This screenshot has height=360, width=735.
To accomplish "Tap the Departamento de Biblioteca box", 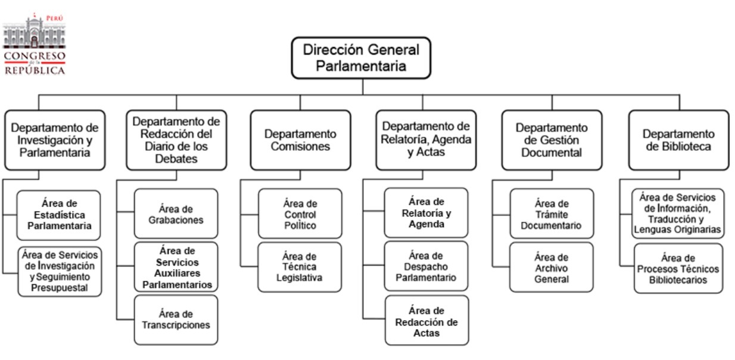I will pos(678,140).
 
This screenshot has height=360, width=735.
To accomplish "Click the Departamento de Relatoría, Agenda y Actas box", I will pos(425,140).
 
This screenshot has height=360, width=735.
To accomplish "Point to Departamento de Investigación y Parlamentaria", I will pos(54,140).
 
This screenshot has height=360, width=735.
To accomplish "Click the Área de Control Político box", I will pos(300,213).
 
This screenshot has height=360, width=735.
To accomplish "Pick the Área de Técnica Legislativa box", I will pos(300,266).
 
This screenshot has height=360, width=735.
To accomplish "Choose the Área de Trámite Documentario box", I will pos(551,213).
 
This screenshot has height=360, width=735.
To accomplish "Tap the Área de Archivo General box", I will pos(551,266).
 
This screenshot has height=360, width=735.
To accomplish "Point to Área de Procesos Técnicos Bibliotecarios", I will pos(678,268).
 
